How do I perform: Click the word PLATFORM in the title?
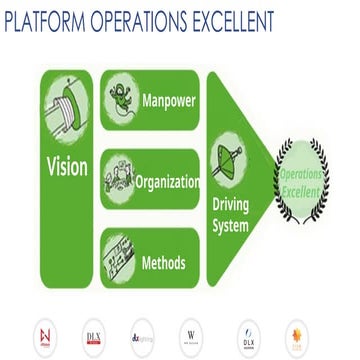click(44, 22)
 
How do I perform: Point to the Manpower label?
click(169, 101)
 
